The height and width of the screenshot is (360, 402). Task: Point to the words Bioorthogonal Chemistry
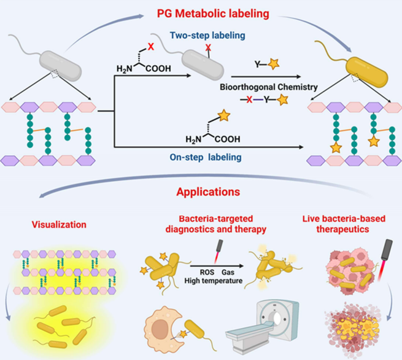[268, 87]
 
